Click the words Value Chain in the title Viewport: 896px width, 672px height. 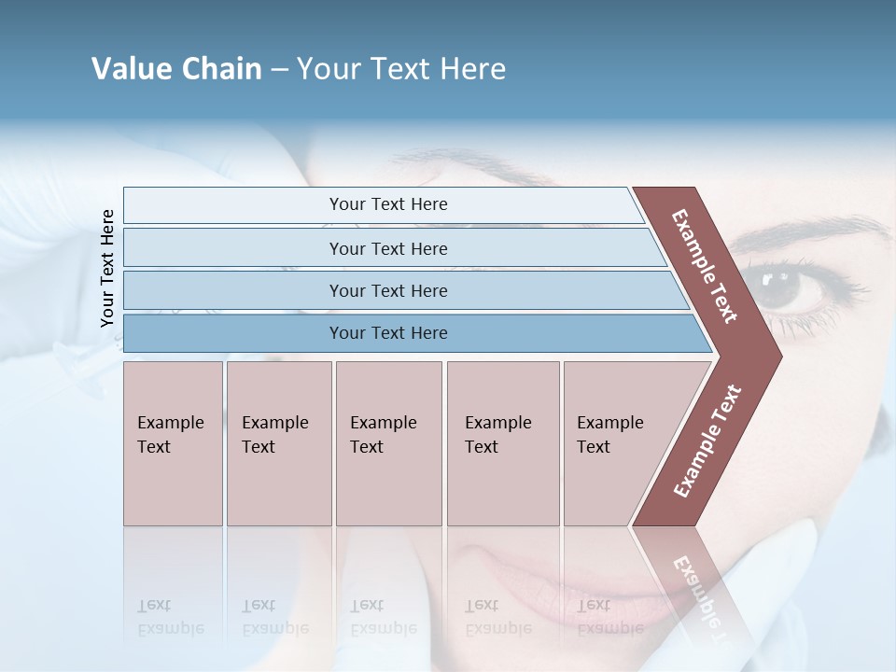(176, 69)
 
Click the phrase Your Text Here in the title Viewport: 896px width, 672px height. (401, 69)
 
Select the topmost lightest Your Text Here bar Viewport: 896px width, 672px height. (387, 204)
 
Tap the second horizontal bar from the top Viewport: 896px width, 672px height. (387, 248)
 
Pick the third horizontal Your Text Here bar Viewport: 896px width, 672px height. (387, 290)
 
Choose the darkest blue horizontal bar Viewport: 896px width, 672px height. (387, 333)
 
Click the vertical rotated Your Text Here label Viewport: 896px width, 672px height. (107, 268)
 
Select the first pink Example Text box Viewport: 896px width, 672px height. (173, 443)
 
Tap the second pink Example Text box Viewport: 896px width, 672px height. (278, 443)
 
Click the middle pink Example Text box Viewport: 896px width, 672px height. (388, 443)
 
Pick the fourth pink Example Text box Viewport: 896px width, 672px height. (502, 443)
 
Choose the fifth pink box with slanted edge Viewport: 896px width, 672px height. (616, 443)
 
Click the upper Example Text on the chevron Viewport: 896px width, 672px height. (706, 266)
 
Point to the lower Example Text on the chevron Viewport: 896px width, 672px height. (708, 441)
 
